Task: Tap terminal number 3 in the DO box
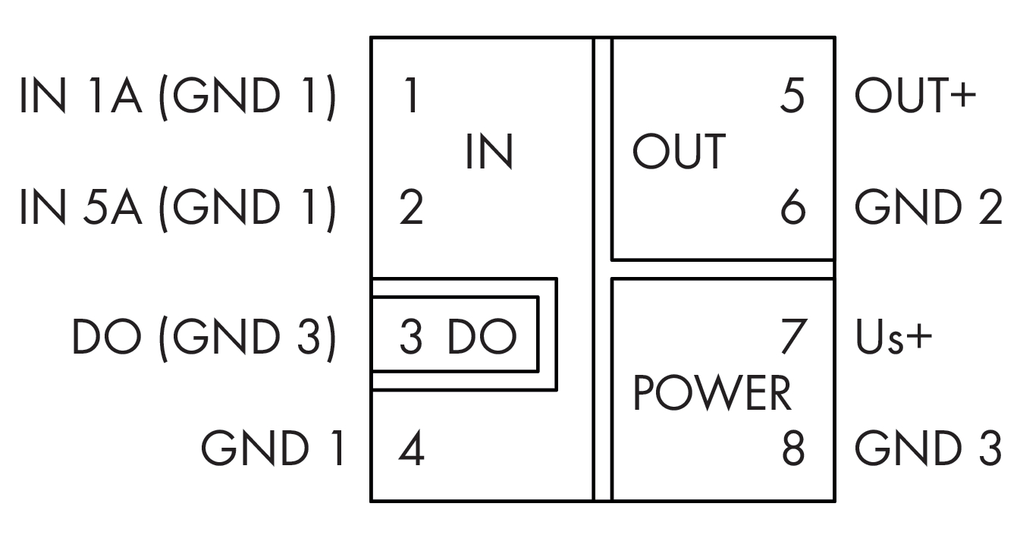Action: point(410,338)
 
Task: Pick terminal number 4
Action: point(410,451)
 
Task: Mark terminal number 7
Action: point(792,338)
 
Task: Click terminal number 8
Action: point(792,451)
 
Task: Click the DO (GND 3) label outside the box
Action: point(203,338)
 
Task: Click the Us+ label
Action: point(893,338)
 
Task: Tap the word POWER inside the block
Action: point(711,394)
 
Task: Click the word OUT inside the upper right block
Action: point(679,151)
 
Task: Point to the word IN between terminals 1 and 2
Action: point(489,152)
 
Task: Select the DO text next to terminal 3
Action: point(481,338)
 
